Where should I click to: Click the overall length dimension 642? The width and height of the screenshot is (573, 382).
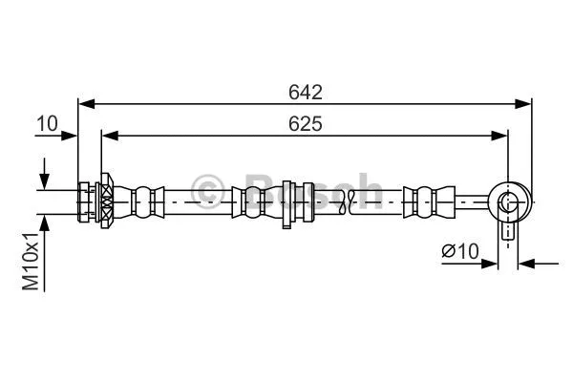[306, 92]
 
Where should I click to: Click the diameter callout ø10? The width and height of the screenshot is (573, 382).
[459, 251]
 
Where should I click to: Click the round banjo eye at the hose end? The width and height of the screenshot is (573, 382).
[508, 202]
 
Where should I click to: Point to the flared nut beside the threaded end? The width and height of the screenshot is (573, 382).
[105, 202]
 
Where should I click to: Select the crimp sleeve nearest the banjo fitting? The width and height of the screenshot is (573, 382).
[424, 202]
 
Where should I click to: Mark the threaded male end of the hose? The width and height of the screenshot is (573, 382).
[86, 202]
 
